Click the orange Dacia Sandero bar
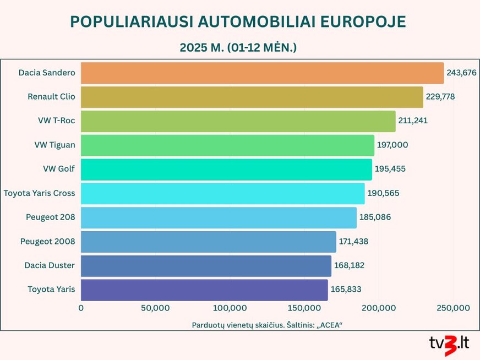click(x=262, y=73)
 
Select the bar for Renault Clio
click(x=252, y=97)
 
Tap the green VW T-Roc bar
click(x=238, y=121)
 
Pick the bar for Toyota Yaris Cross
click(x=222, y=193)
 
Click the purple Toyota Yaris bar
click(x=204, y=290)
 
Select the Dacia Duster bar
click(x=206, y=266)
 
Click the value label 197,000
click(x=392, y=145)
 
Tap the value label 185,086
click(x=375, y=217)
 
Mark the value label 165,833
click(x=346, y=290)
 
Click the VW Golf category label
click(x=59, y=169)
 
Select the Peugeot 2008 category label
click(x=47, y=242)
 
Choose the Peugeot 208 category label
click(x=50, y=217)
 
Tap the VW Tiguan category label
click(x=54, y=145)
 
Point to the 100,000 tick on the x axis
click(x=230, y=308)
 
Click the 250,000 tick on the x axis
click(x=453, y=308)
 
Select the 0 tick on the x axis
click(x=81, y=308)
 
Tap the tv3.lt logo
click(x=449, y=345)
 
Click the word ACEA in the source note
click(x=328, y=325)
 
